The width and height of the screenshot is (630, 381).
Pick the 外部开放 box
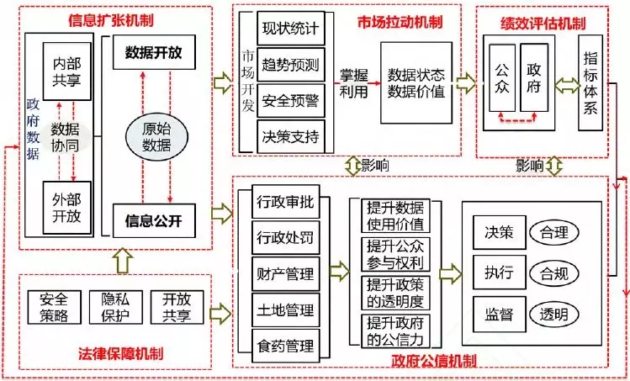pyautogui.click(x=67, y=207)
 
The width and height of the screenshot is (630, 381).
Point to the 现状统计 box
pyautogui.click(x=290, y=29)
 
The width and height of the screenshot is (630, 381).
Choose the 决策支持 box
pyautogui.click(x=290, y=135)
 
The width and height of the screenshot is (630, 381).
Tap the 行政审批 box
pyautogui.click(x=284, y=202)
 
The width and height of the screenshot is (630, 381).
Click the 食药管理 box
pyautogui.click(x=284, y=345)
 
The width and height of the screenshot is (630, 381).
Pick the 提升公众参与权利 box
pyautogui.click(x=395, y=253)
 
